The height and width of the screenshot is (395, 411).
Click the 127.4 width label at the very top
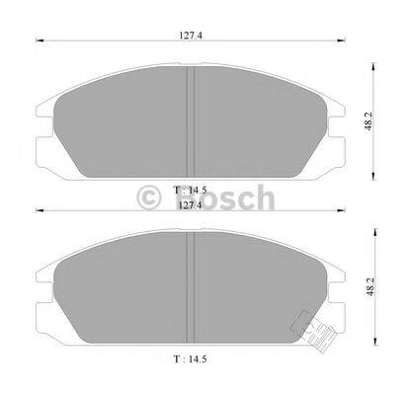(x=187, y=35)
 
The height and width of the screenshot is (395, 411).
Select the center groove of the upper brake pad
(x=190, y=118)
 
